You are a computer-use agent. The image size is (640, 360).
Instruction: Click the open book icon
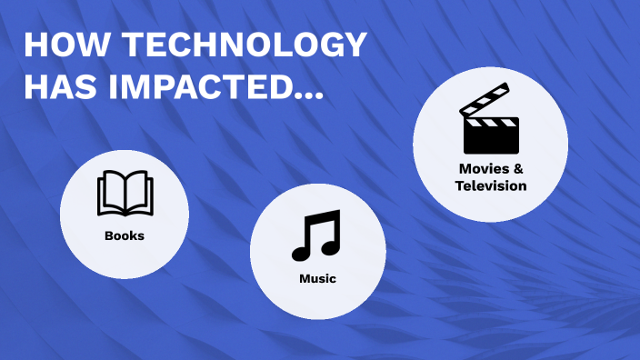tap(125, 193)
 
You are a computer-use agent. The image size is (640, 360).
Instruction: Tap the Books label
tap(125, 235)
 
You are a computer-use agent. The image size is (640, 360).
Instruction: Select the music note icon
tap(316, 235)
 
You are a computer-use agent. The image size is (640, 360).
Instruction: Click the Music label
tap(317, 278)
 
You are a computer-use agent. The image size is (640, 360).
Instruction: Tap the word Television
tap(491, 185)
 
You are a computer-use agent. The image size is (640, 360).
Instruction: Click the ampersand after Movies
tap(518, 169)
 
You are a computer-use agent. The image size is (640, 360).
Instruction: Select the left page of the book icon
tap(112, 193)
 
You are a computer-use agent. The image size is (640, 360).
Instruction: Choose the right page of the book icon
tap(138, 193)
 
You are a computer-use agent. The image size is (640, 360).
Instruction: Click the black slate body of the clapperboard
tap(492, 137)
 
